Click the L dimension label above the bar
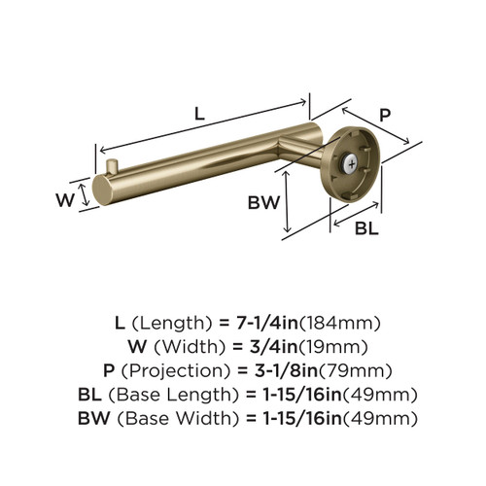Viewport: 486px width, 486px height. [x=199, y=113]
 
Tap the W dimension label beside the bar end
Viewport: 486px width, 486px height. [x=65, y=201]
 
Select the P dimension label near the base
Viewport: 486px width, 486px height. [x=384, y=114]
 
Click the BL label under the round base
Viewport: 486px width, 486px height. [x=365, y=229]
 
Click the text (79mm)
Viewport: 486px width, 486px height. [x=359, y=370]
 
